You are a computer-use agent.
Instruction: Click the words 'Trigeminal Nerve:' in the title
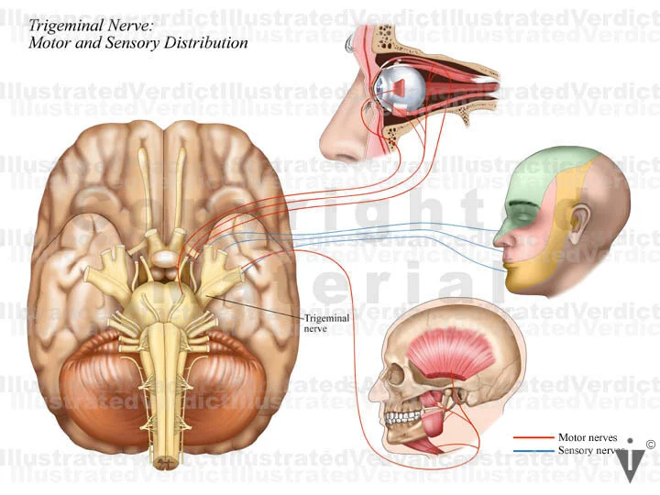[78, 26]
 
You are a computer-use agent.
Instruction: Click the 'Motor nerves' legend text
[587, 437]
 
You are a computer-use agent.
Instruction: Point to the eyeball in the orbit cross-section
[398, 87]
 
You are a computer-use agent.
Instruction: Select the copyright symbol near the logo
[650, 445]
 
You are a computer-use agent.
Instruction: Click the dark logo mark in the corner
[630, 464]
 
